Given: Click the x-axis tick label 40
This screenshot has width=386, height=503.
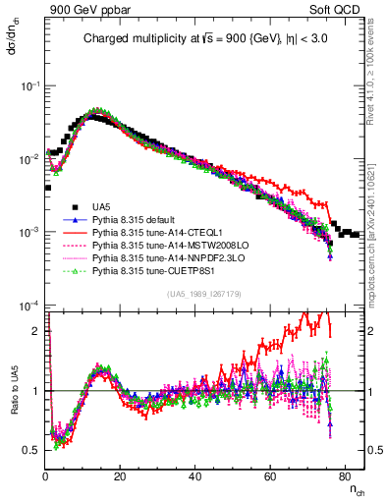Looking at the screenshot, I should tap(193, 476).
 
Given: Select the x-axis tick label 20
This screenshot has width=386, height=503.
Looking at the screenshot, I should tap(120, 476).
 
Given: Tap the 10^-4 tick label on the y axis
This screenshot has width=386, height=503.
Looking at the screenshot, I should tap(30, 306).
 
